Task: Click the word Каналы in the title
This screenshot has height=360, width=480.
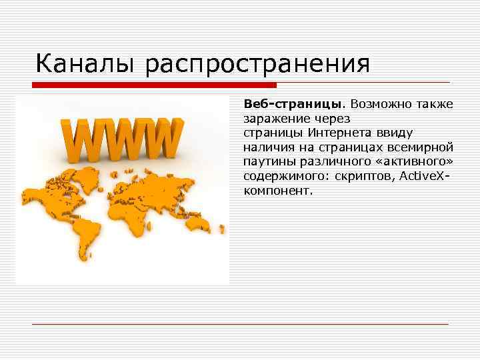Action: pos(85,64)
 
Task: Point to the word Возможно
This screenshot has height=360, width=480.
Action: pos(378,105)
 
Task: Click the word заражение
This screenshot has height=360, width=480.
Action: pos(273,120)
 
